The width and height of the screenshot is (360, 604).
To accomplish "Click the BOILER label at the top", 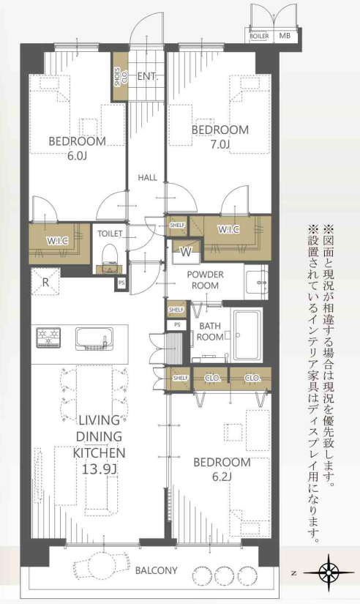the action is (x=259, y=36).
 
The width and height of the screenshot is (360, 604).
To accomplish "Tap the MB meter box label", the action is (x=285, y=36).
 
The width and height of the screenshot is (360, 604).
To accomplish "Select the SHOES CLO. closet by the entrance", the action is (x=120, y=77).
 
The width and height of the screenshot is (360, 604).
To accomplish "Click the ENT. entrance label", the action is (x=148, y=76).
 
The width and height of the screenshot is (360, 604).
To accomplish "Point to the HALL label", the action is (x=148, y=178).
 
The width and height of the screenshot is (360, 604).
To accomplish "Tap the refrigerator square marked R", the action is (x=45, y=283).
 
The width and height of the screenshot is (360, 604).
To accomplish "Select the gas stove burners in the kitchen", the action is (x=49, y=337).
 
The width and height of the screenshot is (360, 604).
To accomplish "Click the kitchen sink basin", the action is (x=94, y=338).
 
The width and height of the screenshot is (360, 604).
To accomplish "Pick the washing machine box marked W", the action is (x=187, y=252).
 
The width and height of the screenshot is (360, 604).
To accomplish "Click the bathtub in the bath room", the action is (x=248, y=335).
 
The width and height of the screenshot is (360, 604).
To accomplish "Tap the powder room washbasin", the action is (x=256, y=283).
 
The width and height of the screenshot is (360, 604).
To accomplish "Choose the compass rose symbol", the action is (x=329, y=573).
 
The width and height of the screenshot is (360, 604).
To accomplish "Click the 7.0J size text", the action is (x=220, y=145).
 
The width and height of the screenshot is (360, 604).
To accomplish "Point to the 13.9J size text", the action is (x=99, y=469).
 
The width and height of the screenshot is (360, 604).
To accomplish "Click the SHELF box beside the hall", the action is (x=177, y=225).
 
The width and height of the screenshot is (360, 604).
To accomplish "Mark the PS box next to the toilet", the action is (x=121, y=283).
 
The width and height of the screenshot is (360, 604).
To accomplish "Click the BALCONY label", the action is (x=157, y=570).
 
